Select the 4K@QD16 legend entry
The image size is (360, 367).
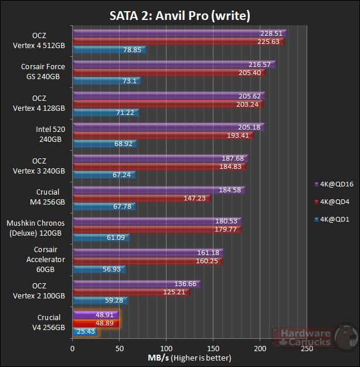point(334,183)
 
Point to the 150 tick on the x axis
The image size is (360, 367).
point(213,348)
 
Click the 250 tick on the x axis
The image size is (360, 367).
point(307,348)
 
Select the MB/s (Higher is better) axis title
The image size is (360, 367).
point(189,358)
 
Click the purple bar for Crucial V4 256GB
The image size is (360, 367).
point(94,314)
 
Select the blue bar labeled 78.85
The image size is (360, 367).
point(108,50)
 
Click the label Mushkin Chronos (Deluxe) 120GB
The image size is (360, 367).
point(36,228)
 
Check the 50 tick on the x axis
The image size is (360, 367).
point(119,348)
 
